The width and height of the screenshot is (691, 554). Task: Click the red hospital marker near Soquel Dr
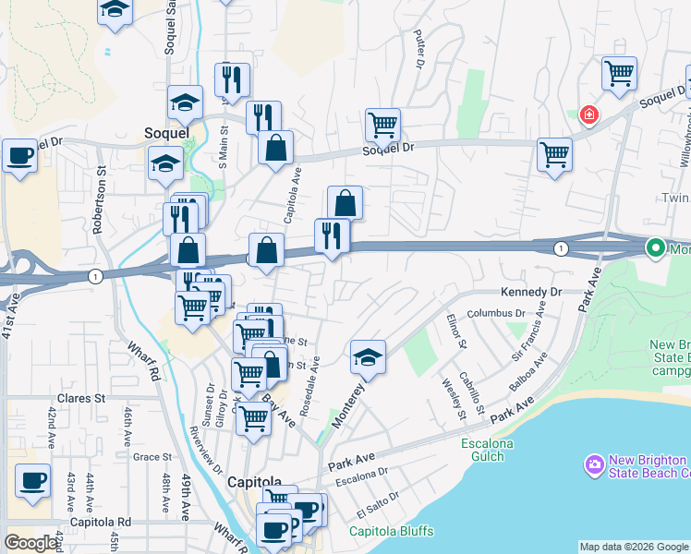click(x=588, y=114)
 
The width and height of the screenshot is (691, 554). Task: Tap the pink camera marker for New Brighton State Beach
click(x=593, y=463)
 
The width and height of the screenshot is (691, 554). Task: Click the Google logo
click(x=30, y=543)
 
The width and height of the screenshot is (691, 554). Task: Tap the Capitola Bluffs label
click(x=391, y=531)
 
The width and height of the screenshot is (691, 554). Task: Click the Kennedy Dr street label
click(x=531, y=292)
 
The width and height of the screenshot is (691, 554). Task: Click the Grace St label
click(x=152, y=456)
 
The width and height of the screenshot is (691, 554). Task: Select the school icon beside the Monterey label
click(x=368, y=357)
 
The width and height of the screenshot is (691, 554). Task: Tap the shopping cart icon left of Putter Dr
click(x=382, y=123)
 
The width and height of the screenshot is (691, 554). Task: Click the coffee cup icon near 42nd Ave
click(x=33, y=481)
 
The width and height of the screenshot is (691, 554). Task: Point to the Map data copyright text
click(x=633, y=547)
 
